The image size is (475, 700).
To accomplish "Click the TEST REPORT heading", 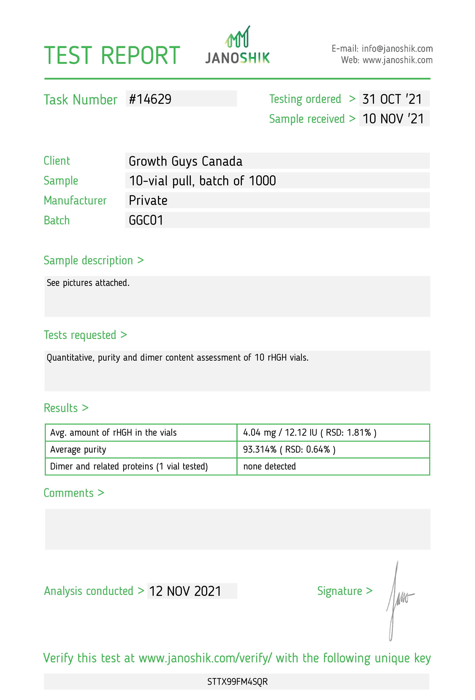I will [x=112, y=55].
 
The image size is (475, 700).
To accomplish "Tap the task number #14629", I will [x=150, y=99].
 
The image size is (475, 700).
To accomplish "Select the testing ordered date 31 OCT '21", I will [x=392, y=99].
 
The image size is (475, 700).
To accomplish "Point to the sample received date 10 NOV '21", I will [x=393, y=119].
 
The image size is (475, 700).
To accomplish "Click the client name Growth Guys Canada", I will [x=185, y=161].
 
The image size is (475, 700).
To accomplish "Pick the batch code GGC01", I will [x=146, y=220].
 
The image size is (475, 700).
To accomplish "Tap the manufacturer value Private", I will [x=148, y=201].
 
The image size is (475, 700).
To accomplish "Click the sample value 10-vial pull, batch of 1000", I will [x=202, y=181].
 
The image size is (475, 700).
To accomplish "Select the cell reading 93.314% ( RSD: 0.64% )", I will [x=289, y=449].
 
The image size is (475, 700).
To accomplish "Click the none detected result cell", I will [x=270, y=466].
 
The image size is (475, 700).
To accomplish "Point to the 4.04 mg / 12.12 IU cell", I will [x=310, y=432].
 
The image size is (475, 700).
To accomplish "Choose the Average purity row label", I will [x=78, y=449].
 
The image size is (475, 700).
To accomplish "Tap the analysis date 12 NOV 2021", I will [x=185, y=591].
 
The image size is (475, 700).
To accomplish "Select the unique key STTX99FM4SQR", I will [x=237, y=682].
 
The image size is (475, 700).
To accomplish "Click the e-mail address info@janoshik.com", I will [x=397, y=48].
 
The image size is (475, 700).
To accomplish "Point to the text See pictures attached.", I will [x=88, y=283].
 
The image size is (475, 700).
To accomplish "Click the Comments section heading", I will [x=74, y=493].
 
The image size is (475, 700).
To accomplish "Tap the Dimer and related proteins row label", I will [x=129, y=466].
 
